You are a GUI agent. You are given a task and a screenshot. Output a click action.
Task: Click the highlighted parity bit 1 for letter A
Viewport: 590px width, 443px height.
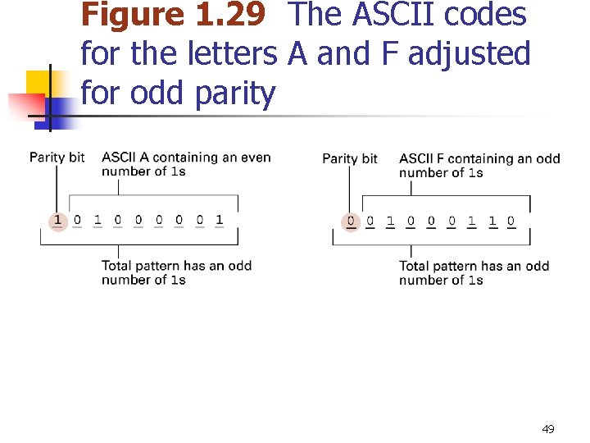coord(57,220)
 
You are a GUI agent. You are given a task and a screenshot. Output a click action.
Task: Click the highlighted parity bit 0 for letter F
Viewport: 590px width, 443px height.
coord(351,221)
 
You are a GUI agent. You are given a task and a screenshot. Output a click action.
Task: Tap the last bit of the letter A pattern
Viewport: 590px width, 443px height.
coord(220,220)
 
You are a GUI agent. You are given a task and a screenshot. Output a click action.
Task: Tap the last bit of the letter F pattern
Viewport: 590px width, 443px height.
coord(511,221)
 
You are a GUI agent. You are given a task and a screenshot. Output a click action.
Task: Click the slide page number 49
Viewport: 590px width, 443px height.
coord(548,429)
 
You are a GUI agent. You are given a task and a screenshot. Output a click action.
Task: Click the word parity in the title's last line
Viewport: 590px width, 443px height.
coord(236,94)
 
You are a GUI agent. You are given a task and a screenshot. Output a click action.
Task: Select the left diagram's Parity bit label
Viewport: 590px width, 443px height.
coord(57,158)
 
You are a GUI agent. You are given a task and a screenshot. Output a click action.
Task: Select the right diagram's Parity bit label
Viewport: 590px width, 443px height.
coord(350,158)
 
